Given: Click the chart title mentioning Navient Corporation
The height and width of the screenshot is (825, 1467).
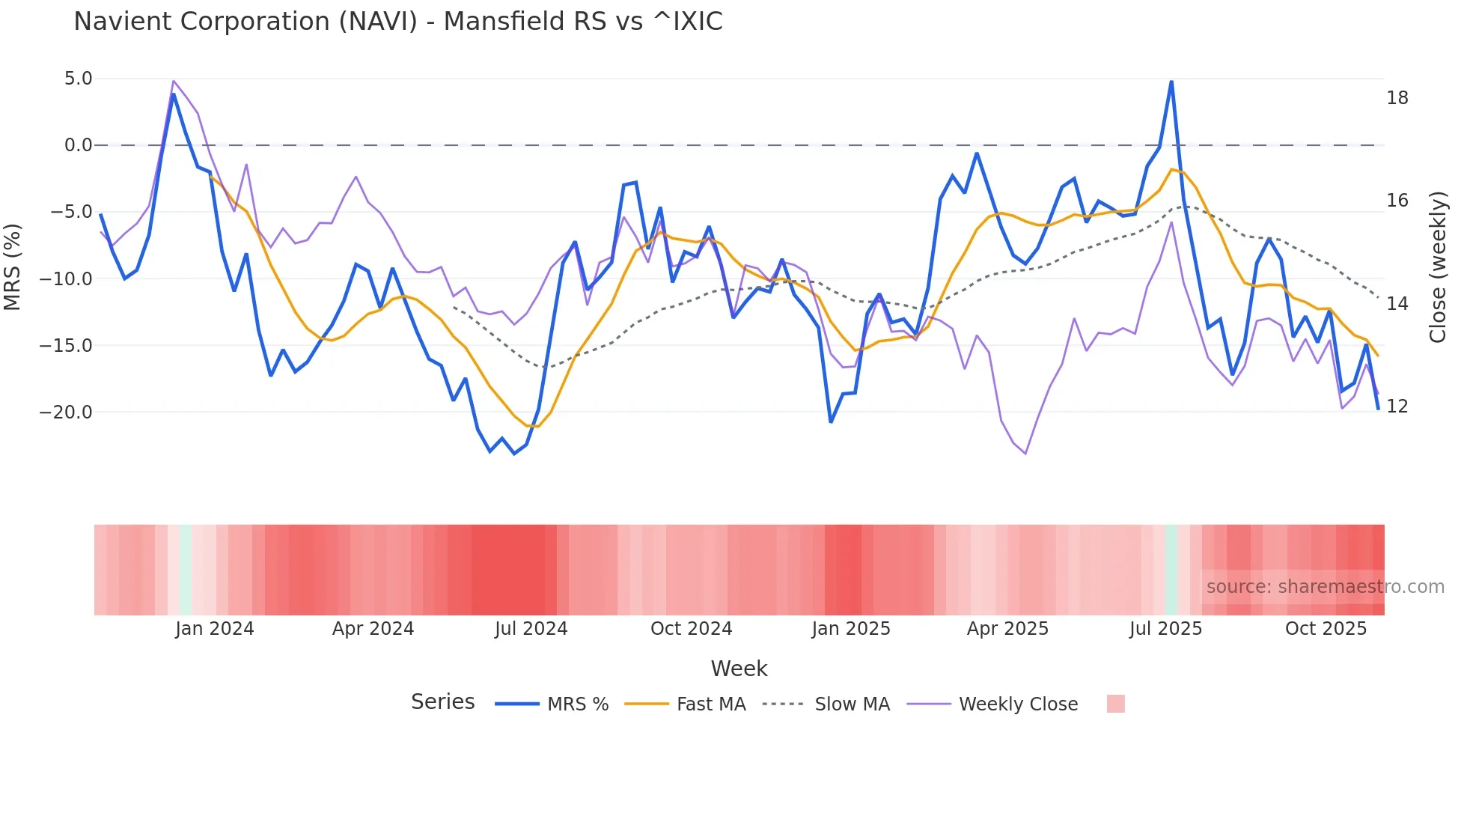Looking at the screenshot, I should pos(397,22).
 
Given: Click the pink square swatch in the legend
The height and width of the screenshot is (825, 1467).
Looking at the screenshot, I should pos(1115,704).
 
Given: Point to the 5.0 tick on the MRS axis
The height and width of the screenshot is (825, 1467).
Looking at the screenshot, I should pos(78,79).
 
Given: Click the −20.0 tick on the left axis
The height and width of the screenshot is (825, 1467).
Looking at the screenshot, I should pos(66,412).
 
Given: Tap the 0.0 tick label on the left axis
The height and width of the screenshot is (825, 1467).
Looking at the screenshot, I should pos(78,145).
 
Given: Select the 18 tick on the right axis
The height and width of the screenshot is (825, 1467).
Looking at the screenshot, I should pos(1397,98).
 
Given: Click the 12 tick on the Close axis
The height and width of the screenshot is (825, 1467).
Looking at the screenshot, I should pos(1397,407).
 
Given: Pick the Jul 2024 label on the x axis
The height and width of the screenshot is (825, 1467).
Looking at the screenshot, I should pos(531,629).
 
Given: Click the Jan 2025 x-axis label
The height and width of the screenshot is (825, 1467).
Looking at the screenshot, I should pos(851,629).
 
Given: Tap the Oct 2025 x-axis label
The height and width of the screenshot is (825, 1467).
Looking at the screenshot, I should pos(1326,629).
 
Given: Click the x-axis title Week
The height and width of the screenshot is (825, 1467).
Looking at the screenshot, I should pos(739,669).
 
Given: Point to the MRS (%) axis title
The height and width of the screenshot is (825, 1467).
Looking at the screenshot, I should pos(13,267).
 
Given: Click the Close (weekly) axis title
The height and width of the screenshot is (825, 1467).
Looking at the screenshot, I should pos(1438,267).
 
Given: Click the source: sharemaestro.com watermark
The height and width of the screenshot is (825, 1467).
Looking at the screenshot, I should pos(1325,587).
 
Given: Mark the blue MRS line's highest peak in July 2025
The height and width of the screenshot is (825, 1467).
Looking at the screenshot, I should pos(1171,82).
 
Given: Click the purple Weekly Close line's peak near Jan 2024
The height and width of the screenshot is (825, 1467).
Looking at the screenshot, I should pos(174,81).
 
